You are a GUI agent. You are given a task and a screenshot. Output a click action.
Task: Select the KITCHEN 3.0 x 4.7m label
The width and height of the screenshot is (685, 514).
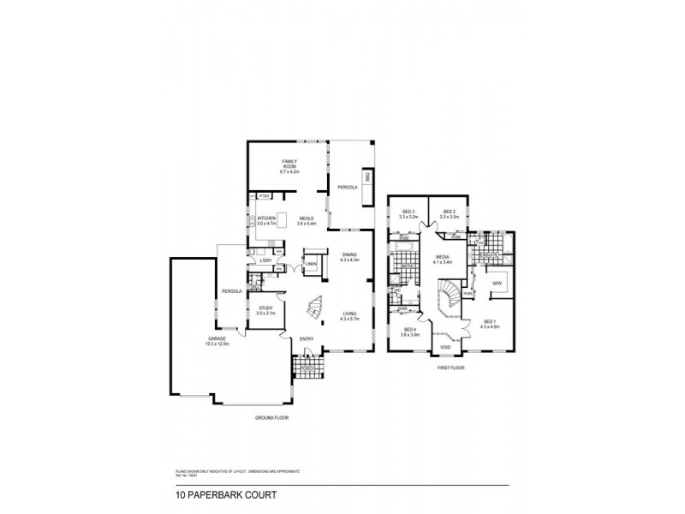[x=266, y=220]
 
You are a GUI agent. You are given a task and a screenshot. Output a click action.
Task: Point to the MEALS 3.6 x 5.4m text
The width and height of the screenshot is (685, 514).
[x=306, y=220]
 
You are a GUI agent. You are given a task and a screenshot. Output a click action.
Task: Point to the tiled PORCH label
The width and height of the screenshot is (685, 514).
[x=305, y=370]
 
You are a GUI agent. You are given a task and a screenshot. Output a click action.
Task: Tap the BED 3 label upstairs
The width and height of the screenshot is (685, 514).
[x=407, y=214]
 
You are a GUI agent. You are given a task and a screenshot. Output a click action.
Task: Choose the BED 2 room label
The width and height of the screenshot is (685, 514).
[x=449, y=214]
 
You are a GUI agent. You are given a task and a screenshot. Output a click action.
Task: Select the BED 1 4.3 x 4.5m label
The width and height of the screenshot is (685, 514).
[x=489, y=324]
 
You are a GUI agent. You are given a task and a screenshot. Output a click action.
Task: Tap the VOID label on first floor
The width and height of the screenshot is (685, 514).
[x=445, y=347]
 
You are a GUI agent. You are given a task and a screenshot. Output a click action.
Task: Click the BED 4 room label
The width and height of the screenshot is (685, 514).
[x=410, y=332]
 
